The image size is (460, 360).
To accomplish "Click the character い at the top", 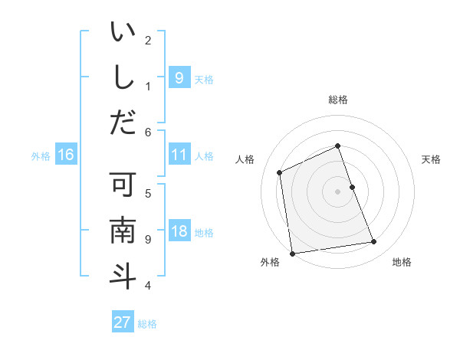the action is [123, 34].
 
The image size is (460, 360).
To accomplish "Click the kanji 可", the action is [123, 186].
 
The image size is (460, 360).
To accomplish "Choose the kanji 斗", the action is [123, 275].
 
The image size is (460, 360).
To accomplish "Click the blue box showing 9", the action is [179, 77].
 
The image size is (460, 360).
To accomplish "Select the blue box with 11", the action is [179, 155].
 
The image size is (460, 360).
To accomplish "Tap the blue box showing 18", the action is [179, 232].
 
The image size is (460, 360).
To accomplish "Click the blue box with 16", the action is [65, 155].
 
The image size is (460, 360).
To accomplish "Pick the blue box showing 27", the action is [122, 322].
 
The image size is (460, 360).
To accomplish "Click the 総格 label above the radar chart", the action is [337, 100].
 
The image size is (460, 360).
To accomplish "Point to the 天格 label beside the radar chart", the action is [431, 159].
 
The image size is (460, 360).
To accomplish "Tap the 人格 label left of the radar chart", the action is [245, 159].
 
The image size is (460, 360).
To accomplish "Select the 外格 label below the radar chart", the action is [270, 262].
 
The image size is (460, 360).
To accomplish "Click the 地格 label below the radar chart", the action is [402, 262].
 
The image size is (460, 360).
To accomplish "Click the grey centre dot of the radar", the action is [337, 191].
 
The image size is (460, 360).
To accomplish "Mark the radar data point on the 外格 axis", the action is [292, 254].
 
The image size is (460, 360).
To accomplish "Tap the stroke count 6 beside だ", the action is [148, 132].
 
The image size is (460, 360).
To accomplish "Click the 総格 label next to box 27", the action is [147, 324].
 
